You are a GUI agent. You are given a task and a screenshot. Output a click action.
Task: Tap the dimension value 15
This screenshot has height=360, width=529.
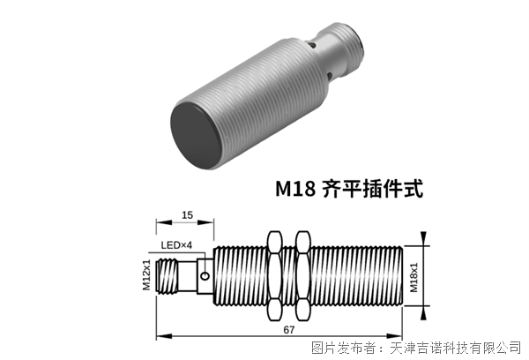point(187,214)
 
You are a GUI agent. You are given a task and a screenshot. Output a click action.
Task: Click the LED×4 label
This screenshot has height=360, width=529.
point(175,244)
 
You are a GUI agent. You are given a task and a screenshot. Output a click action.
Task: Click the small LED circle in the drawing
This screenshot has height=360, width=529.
point(204,277)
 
